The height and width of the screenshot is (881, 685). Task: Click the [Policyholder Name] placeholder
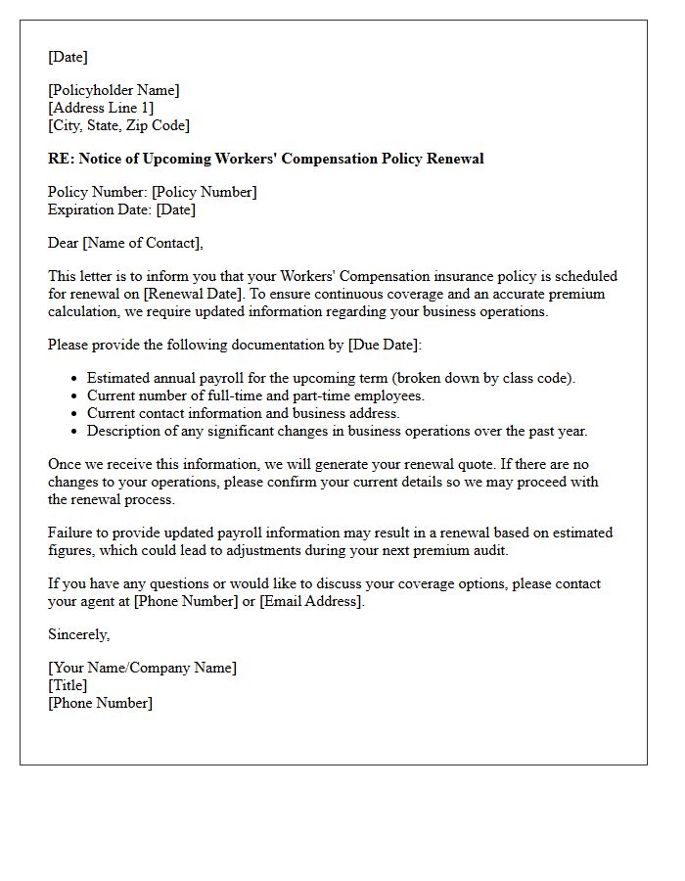(x=114, y=90)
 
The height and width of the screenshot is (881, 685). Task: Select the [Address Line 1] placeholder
(x=101, y=108)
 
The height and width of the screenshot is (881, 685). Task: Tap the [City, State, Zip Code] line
(x=118, y=125)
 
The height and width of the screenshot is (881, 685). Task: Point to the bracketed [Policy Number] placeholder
(x=205, y=192)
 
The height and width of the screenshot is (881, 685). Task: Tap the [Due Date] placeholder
(x=383, y=345)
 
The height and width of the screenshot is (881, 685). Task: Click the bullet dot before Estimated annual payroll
(x=74, y=379)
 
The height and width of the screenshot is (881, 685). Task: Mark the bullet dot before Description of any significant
(x=74, y=432)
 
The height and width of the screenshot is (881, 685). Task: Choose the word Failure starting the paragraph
(x=70, y=533)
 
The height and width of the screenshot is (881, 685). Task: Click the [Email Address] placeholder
(x=311, y=601)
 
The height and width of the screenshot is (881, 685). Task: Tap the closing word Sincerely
(x=78, y=634)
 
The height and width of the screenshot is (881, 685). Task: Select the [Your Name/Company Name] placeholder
(x=142, y=668)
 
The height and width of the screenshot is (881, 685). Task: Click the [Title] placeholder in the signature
(x=68, y=685)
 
